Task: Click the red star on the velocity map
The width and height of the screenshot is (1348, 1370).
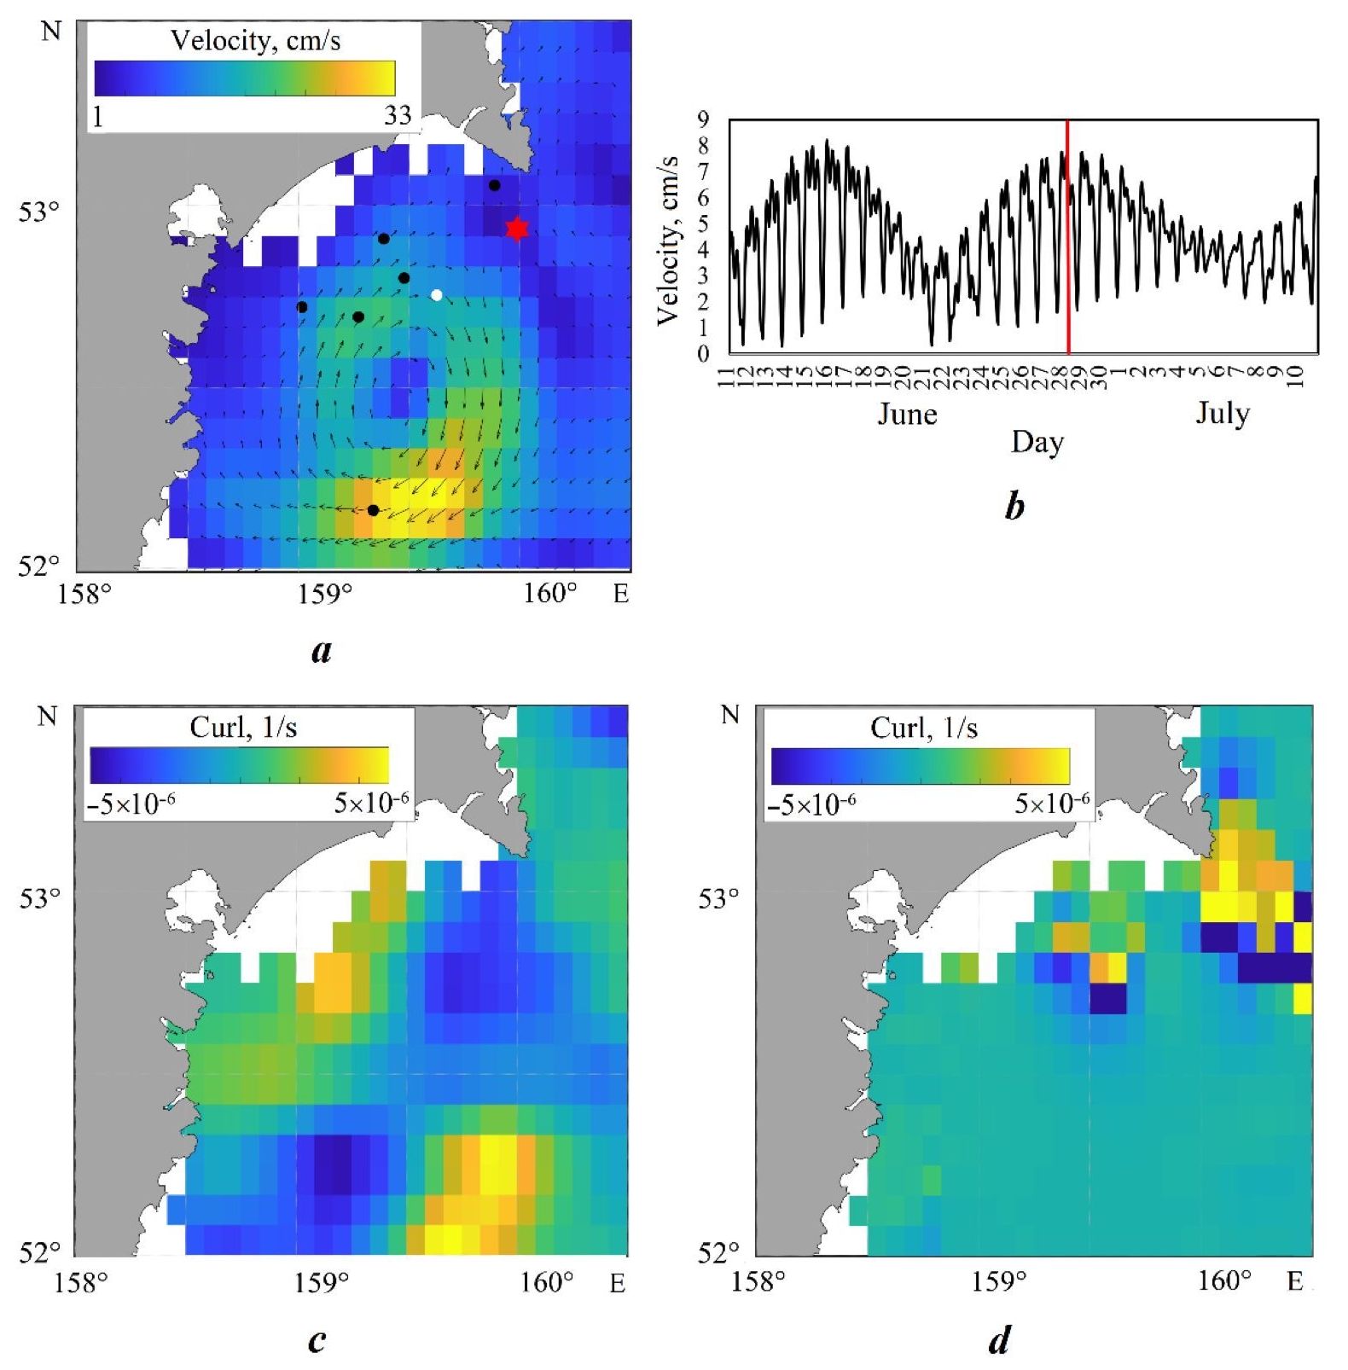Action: point(517,229)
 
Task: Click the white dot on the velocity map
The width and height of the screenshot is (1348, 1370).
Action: point(437,295)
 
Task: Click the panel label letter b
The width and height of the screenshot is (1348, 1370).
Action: point(1014,507)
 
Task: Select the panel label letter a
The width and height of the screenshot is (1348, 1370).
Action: point(321,651)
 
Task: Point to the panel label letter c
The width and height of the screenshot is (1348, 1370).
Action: point(317,1340)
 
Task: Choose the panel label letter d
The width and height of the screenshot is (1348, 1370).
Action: point(999,1342)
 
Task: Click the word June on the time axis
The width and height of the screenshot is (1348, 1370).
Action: point(908,415)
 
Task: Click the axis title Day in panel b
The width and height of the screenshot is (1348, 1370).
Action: point(1037,443)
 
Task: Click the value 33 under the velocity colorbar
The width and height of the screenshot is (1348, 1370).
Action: point(398,115)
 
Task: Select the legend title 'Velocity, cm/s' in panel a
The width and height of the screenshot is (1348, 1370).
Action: point(255,41)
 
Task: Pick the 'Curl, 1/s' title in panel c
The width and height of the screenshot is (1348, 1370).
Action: point(243,727)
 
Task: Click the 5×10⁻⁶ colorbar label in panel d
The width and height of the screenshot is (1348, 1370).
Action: point(1052,804)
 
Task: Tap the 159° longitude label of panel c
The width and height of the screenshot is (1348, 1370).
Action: point(322,1283)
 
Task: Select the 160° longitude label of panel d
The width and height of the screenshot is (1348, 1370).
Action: point(1224,1281)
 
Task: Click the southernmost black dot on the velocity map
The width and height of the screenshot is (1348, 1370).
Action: point(373,510)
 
